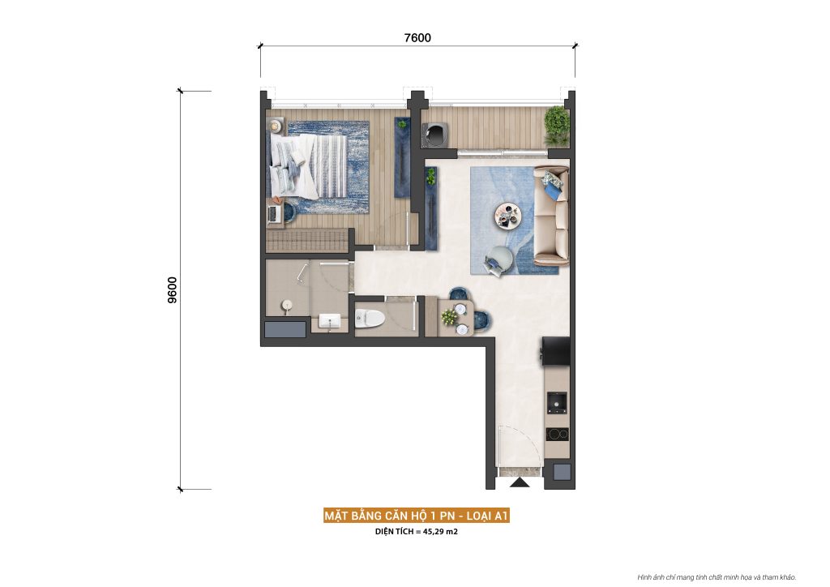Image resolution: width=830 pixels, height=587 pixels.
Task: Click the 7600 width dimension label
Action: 417,37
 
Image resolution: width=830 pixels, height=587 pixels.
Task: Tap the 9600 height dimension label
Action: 172,289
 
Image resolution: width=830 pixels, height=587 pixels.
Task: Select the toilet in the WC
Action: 369,318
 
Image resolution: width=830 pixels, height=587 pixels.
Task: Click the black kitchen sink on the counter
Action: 557,401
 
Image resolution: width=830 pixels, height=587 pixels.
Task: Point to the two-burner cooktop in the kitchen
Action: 557,434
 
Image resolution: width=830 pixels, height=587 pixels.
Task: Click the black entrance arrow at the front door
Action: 520,483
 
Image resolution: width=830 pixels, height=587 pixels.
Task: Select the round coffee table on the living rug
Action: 509,215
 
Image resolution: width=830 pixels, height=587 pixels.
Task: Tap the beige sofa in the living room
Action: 552,216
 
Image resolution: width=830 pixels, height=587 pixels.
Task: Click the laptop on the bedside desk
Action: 274,212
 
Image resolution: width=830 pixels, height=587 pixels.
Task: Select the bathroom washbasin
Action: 330,322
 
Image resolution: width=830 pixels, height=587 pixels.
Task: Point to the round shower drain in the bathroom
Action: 285,305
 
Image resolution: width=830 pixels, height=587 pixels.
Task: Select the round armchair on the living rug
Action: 498,259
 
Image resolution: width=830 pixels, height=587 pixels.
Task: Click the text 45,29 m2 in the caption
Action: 438,533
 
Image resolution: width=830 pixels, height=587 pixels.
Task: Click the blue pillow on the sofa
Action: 554,190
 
